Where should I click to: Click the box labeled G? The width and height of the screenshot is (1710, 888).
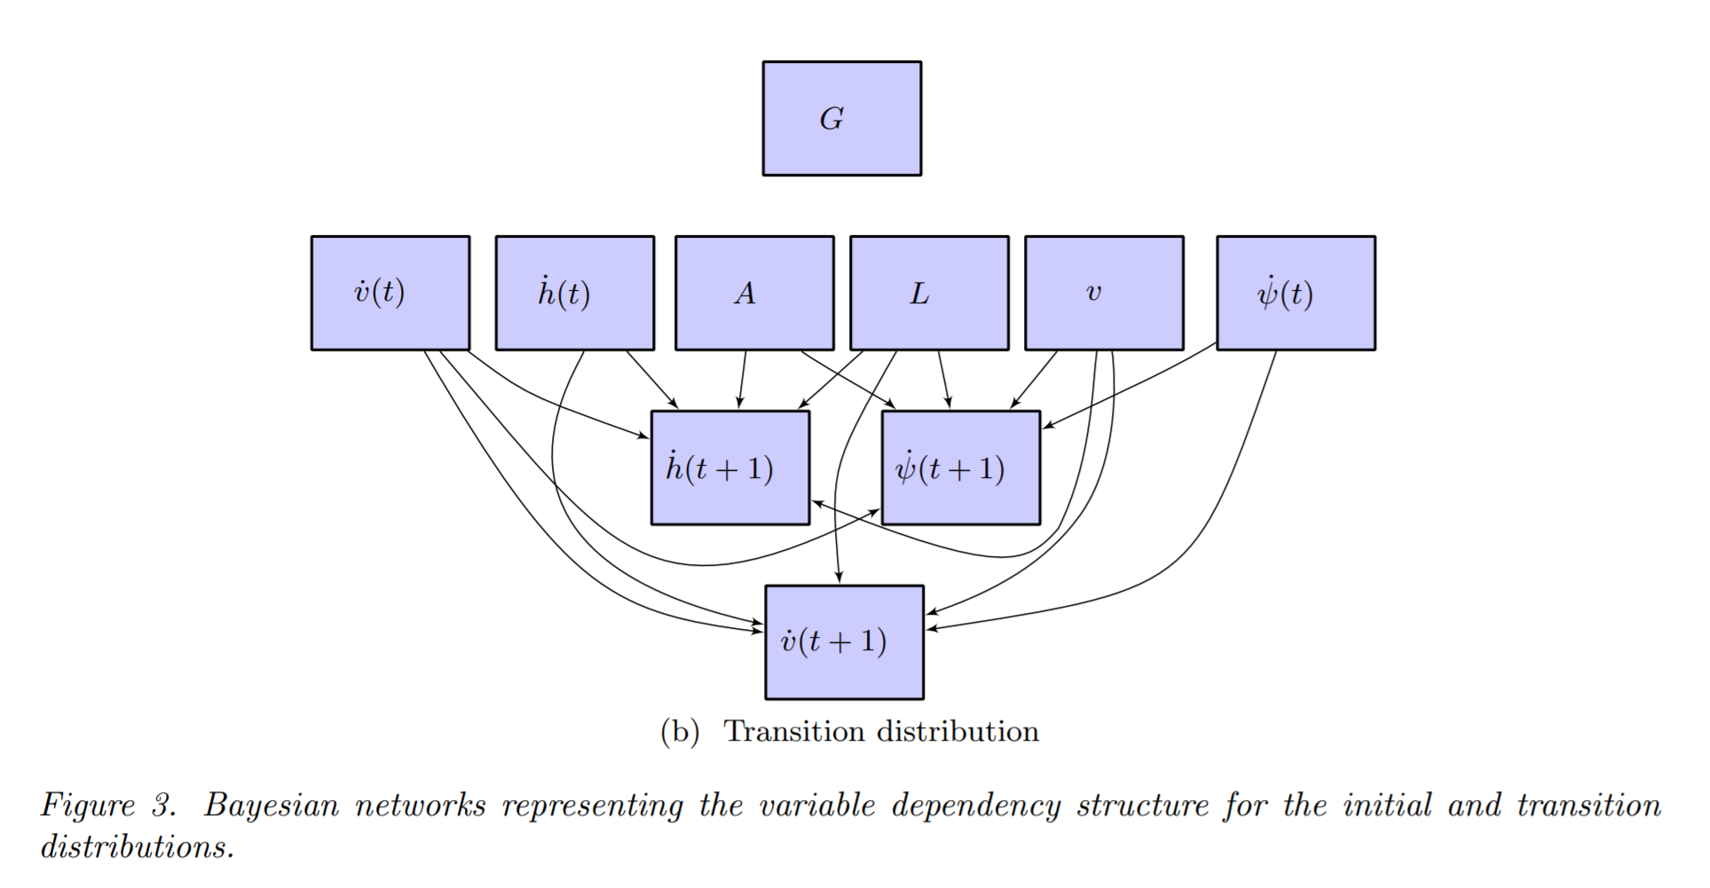(841, 118)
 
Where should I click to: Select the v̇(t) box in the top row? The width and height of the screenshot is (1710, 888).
(390, 293)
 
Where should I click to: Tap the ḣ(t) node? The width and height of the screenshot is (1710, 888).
(574, 293)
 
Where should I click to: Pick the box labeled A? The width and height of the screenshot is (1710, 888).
(754, 293)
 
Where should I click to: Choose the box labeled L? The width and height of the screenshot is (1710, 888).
(929, 293)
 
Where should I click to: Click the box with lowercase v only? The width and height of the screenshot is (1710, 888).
(1104, 293)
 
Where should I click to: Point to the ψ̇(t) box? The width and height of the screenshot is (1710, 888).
(1296, 293)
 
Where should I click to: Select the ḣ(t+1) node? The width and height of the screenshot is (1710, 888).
(729, 468)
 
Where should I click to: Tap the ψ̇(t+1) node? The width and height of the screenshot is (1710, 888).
(960, 468)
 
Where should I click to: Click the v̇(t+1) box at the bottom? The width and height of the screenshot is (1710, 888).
(844, 642)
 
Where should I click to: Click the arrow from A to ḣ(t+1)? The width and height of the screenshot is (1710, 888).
(742, 380)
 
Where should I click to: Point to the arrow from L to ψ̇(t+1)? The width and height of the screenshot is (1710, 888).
(944, 380)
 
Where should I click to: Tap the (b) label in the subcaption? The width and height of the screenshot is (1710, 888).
(680, 732)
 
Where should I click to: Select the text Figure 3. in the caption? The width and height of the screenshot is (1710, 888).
(108, 805)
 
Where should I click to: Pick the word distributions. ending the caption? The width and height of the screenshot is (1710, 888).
(138, 847)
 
